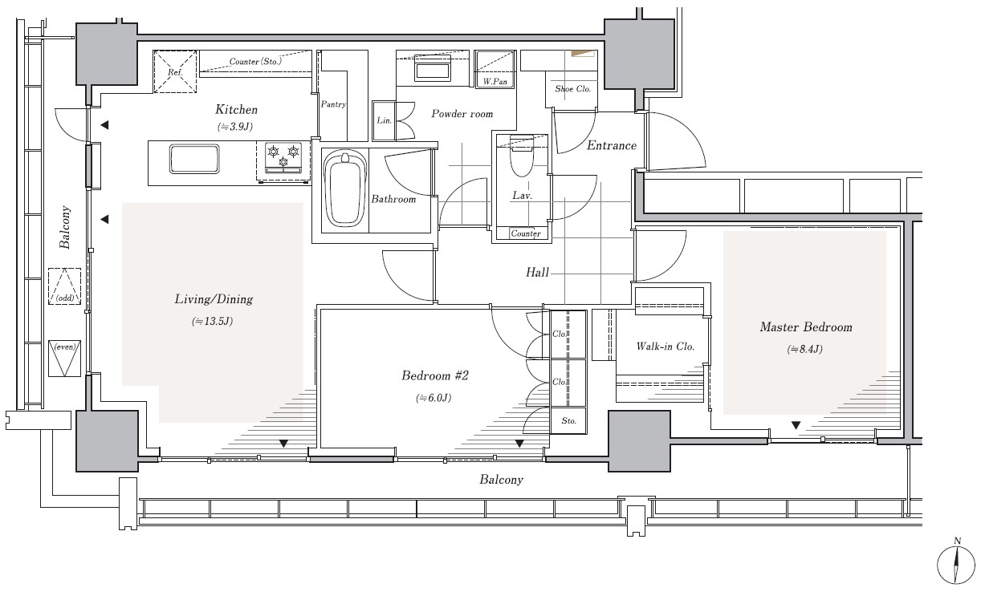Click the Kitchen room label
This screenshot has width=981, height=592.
[237, 109]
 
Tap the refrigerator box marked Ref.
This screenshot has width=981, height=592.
[175, 71]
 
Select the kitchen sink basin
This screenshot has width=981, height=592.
[194, 159]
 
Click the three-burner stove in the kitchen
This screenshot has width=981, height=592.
[283, 157]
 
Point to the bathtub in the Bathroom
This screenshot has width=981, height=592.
[344, 189]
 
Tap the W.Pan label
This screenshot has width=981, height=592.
[495, 81]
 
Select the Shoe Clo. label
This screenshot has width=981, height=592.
[573, 89]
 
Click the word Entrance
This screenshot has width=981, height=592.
[612, 145]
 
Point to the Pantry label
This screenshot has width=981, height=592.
[333, 104]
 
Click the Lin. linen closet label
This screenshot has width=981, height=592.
[384, 120]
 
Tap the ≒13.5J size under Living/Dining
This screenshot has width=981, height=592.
[213, 321]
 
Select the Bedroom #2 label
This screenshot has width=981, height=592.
[435, 375]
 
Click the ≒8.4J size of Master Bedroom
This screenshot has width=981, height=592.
[805, 349]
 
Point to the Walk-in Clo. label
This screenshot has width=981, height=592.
[666, 347]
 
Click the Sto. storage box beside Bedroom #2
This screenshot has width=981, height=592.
[568, 421]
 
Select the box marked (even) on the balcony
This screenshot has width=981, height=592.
[64, 359]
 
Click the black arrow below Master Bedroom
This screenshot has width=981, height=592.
[796, 425]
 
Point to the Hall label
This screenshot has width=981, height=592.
[537, 273]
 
